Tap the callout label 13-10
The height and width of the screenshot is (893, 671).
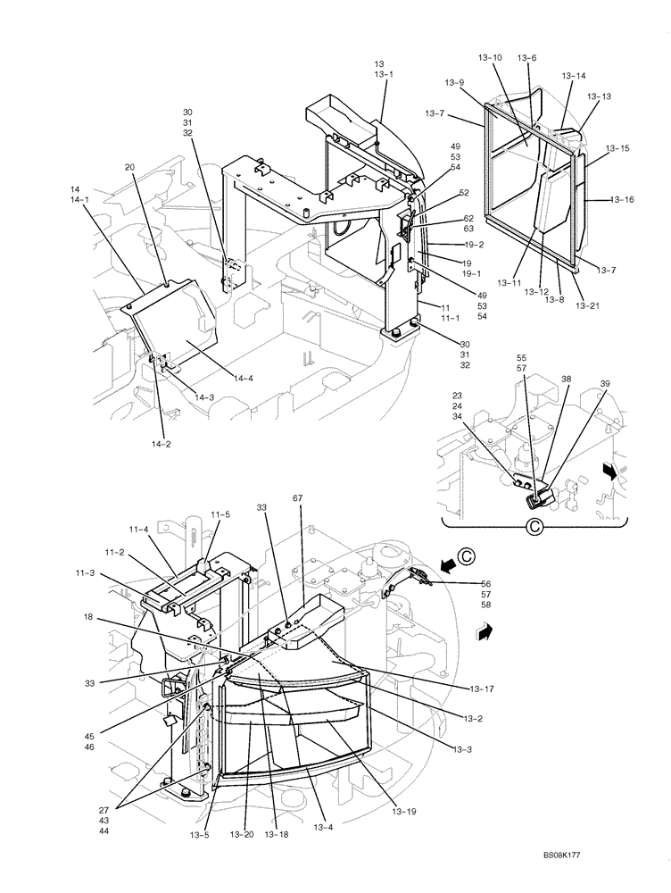[490, 58]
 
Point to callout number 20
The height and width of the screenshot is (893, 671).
[130, 167]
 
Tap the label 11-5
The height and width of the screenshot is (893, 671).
[220, 514]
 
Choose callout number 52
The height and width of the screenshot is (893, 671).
[463, 193]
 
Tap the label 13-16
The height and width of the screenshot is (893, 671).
[622, 200]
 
